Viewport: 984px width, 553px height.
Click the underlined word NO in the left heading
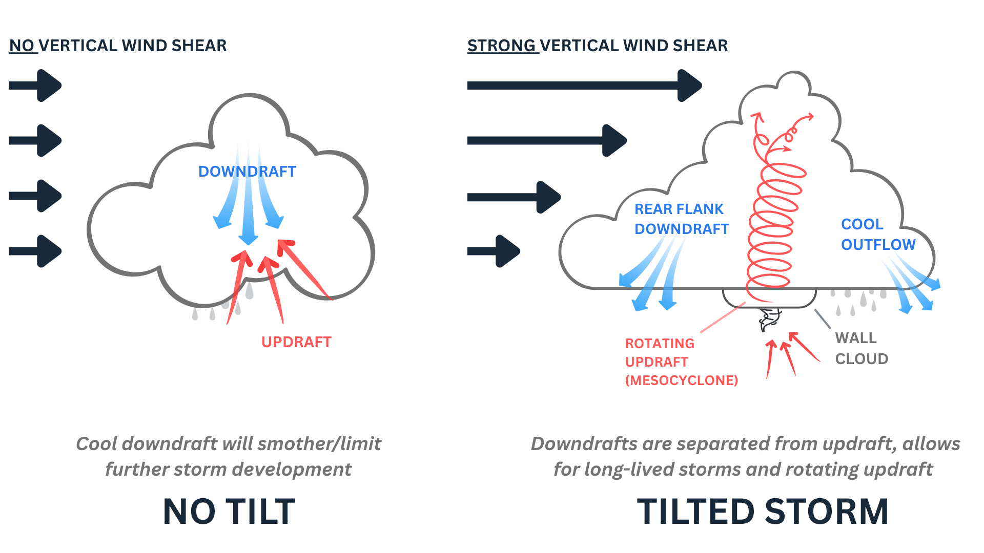[x=22, y=46]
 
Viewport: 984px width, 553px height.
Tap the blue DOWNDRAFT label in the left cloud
[x=247, y=172]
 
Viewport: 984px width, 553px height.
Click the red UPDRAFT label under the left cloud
[x=296, y=342]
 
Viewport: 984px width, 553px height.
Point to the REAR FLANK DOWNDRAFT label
[x=681, y=219]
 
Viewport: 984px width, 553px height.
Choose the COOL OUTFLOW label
[x=877, y=235]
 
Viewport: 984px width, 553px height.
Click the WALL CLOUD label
[x=861, y=349]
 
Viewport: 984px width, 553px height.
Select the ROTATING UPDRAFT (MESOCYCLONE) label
[x=681, y=362]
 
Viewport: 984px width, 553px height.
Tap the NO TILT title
[x=229, y=512]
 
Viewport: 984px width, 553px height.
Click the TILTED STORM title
[x=763, y=512]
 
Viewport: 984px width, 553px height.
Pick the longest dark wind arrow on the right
[x=584, y=86]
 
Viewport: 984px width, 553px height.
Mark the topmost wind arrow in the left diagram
[x=35, y=86]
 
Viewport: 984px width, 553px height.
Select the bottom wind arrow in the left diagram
[x=35, y=251]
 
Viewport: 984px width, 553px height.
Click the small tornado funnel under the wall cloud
[x=769, y=320]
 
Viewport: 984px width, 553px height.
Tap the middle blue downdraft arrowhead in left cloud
[x=248, y=238]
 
